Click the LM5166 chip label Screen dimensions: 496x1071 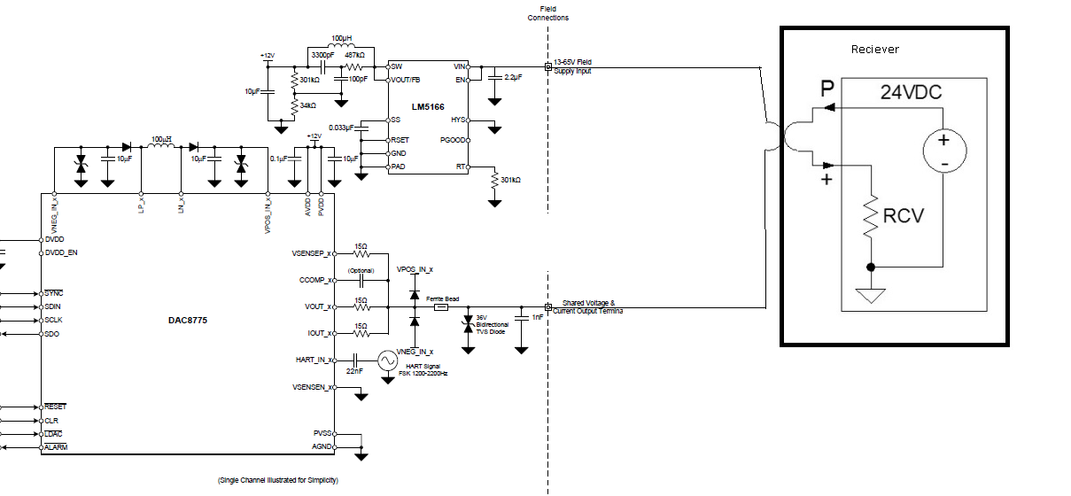pyautogui.click(x=427, y=107)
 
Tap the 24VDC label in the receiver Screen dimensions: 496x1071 pyautogui.click(x=910, y=91)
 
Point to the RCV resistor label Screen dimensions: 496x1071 pyautogui.click(x=902, y=214)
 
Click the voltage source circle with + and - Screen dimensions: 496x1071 pyautogui.click(x=943, y=151)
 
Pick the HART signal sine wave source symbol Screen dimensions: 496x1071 pyautogui.click(x=388, y=360)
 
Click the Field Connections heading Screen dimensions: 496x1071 pyautogui.click(x=547, y=13)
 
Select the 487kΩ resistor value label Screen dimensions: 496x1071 pyautogui.click(x=355, y=55)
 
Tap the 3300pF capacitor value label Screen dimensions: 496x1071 pyautogui.click(x=322, y=55)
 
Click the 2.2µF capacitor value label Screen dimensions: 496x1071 pyautogui.click(x=513, y=77)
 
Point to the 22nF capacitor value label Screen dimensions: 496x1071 pyautogui.click(x=354, y=372)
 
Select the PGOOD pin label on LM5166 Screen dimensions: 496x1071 pyautogui.click(x=454, y=140)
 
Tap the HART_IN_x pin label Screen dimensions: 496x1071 pyautogui.click(x=314, y=360)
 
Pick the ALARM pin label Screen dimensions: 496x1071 pyautogui.click(x=56, y=447)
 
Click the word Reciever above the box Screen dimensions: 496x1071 pyautogui.click(x=874, y=50)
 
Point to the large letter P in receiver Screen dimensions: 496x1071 pyautogui.click(x=827, y=88)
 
